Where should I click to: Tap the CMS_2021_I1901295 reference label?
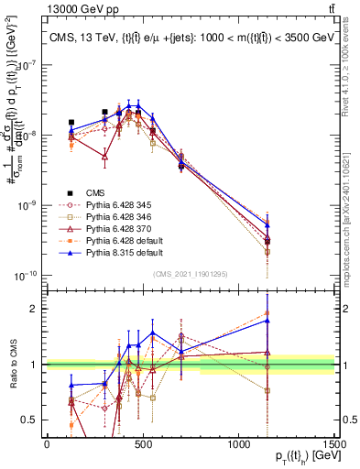pyautogui.click(x=190, y=273)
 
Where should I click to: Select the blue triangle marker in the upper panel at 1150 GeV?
pyautogui.click(x=267, y=224)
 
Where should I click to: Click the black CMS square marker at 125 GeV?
pyautogui.click(x=71, y=122)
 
